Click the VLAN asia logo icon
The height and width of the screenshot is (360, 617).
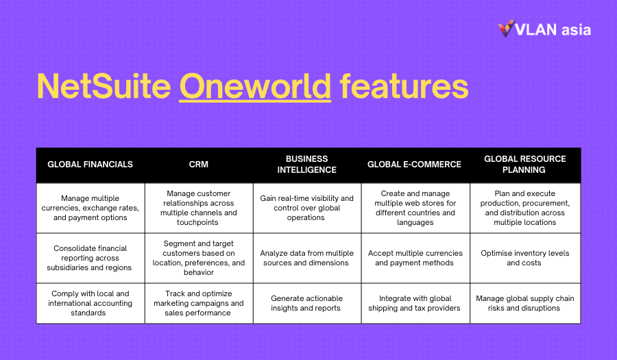[506, 28]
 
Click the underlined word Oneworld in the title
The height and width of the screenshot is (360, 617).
[255, 86]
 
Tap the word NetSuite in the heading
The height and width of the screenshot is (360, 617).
[104, 86]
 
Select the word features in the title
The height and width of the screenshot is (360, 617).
[404, 86]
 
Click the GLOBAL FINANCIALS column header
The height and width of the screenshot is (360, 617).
[90, 165]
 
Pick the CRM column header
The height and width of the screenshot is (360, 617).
[198, 165]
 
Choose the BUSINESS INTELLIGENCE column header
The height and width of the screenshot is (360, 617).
[307, 165]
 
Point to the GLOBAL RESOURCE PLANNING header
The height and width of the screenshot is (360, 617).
[525, 165]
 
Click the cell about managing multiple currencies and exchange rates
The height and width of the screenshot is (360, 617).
[90, 208]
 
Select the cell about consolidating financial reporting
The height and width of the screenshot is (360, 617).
[90, 258]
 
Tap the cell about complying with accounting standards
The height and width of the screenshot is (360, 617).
[90, 303]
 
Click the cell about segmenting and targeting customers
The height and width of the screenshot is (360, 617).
[199, 258]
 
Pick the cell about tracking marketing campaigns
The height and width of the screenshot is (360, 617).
[199, 303]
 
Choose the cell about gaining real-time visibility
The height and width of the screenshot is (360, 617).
[307, 208]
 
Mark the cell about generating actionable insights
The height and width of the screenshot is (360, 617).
[307, 303]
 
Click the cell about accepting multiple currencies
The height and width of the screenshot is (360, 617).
[415, 258]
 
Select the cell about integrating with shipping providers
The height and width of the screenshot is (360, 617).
[415, 303]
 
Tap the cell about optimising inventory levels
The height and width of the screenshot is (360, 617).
[525, 258]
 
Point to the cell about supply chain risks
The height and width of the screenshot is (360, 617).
[525, 303]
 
